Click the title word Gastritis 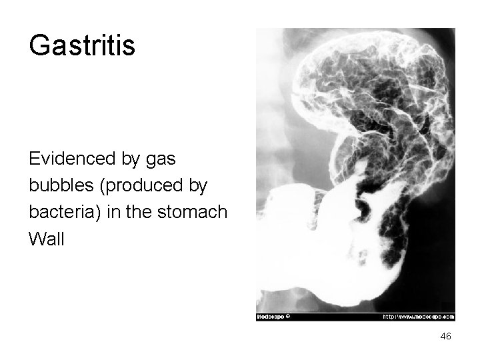tap(82, 45)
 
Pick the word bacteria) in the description tap(63, 213)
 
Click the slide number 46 tap(445, 337)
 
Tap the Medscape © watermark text tap(273, 317)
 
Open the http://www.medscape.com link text tap(418, 317)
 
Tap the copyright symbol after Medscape tap(287, 317)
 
